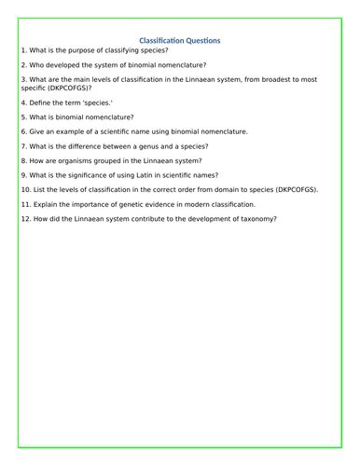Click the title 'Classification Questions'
click(179, 40)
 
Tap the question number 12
click(24, 218)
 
